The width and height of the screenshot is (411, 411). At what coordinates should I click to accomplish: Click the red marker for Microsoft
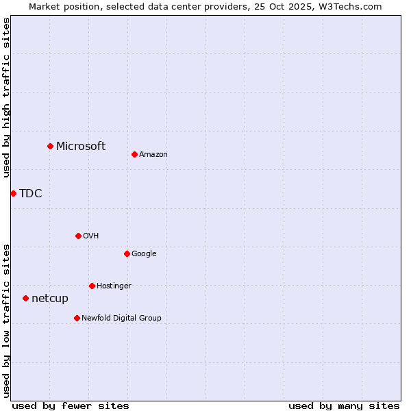[x=50, y=146]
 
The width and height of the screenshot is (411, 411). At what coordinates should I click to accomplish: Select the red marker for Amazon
[x=134, y=154]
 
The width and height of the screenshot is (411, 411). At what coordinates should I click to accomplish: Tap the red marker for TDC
[x=13, y=193]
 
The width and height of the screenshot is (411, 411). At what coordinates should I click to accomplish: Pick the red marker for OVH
[x=78, y=236]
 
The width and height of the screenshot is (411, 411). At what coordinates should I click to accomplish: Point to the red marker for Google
[x=127, y=253]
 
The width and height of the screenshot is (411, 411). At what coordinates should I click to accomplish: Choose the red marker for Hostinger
[x=92, y=286]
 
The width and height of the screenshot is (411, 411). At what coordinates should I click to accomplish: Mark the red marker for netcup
[x=25, y=298]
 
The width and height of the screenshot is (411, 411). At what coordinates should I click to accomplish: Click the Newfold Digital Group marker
[x=77, y=318]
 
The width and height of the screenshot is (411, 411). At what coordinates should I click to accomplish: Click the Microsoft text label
[x=81, y=146]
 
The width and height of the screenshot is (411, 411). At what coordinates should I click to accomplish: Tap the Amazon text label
[x=153, y=155]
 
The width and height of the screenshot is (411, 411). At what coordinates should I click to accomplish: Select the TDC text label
[x=31, y=193]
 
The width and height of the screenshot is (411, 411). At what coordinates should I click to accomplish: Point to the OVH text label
[x=91, y=236]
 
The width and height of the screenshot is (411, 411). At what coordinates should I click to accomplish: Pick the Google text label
[x=144, y=254]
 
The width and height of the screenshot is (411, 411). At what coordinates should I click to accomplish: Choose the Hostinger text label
[x=114, y=286]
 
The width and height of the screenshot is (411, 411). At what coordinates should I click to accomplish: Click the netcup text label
[x=50, y=299]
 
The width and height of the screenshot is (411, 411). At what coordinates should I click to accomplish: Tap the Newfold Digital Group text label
[x=121, y=319]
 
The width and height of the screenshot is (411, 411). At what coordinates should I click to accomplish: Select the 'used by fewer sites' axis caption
[x=71, y=406]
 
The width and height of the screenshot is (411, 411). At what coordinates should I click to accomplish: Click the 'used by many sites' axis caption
[x=344, y=406]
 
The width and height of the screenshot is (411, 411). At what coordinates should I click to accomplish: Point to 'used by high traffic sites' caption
[x=7, y=97]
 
